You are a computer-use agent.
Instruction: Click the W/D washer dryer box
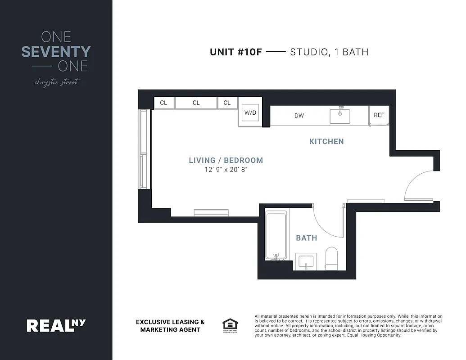250,112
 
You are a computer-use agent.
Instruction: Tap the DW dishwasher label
299,116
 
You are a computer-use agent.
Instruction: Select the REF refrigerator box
379,115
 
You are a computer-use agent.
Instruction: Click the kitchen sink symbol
340,115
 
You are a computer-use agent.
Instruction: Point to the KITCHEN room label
326,141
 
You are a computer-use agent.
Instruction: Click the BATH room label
306,238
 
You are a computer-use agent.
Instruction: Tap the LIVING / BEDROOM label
226,160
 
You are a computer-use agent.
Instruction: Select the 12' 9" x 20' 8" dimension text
226,170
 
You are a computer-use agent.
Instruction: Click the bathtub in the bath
276,234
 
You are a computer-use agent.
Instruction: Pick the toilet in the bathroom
332,257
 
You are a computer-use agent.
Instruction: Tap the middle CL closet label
196,103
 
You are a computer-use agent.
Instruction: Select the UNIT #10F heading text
235,52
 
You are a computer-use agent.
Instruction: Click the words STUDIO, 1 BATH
329,52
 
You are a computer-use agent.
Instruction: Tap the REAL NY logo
56,325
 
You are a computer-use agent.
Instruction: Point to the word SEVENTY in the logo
56,52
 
